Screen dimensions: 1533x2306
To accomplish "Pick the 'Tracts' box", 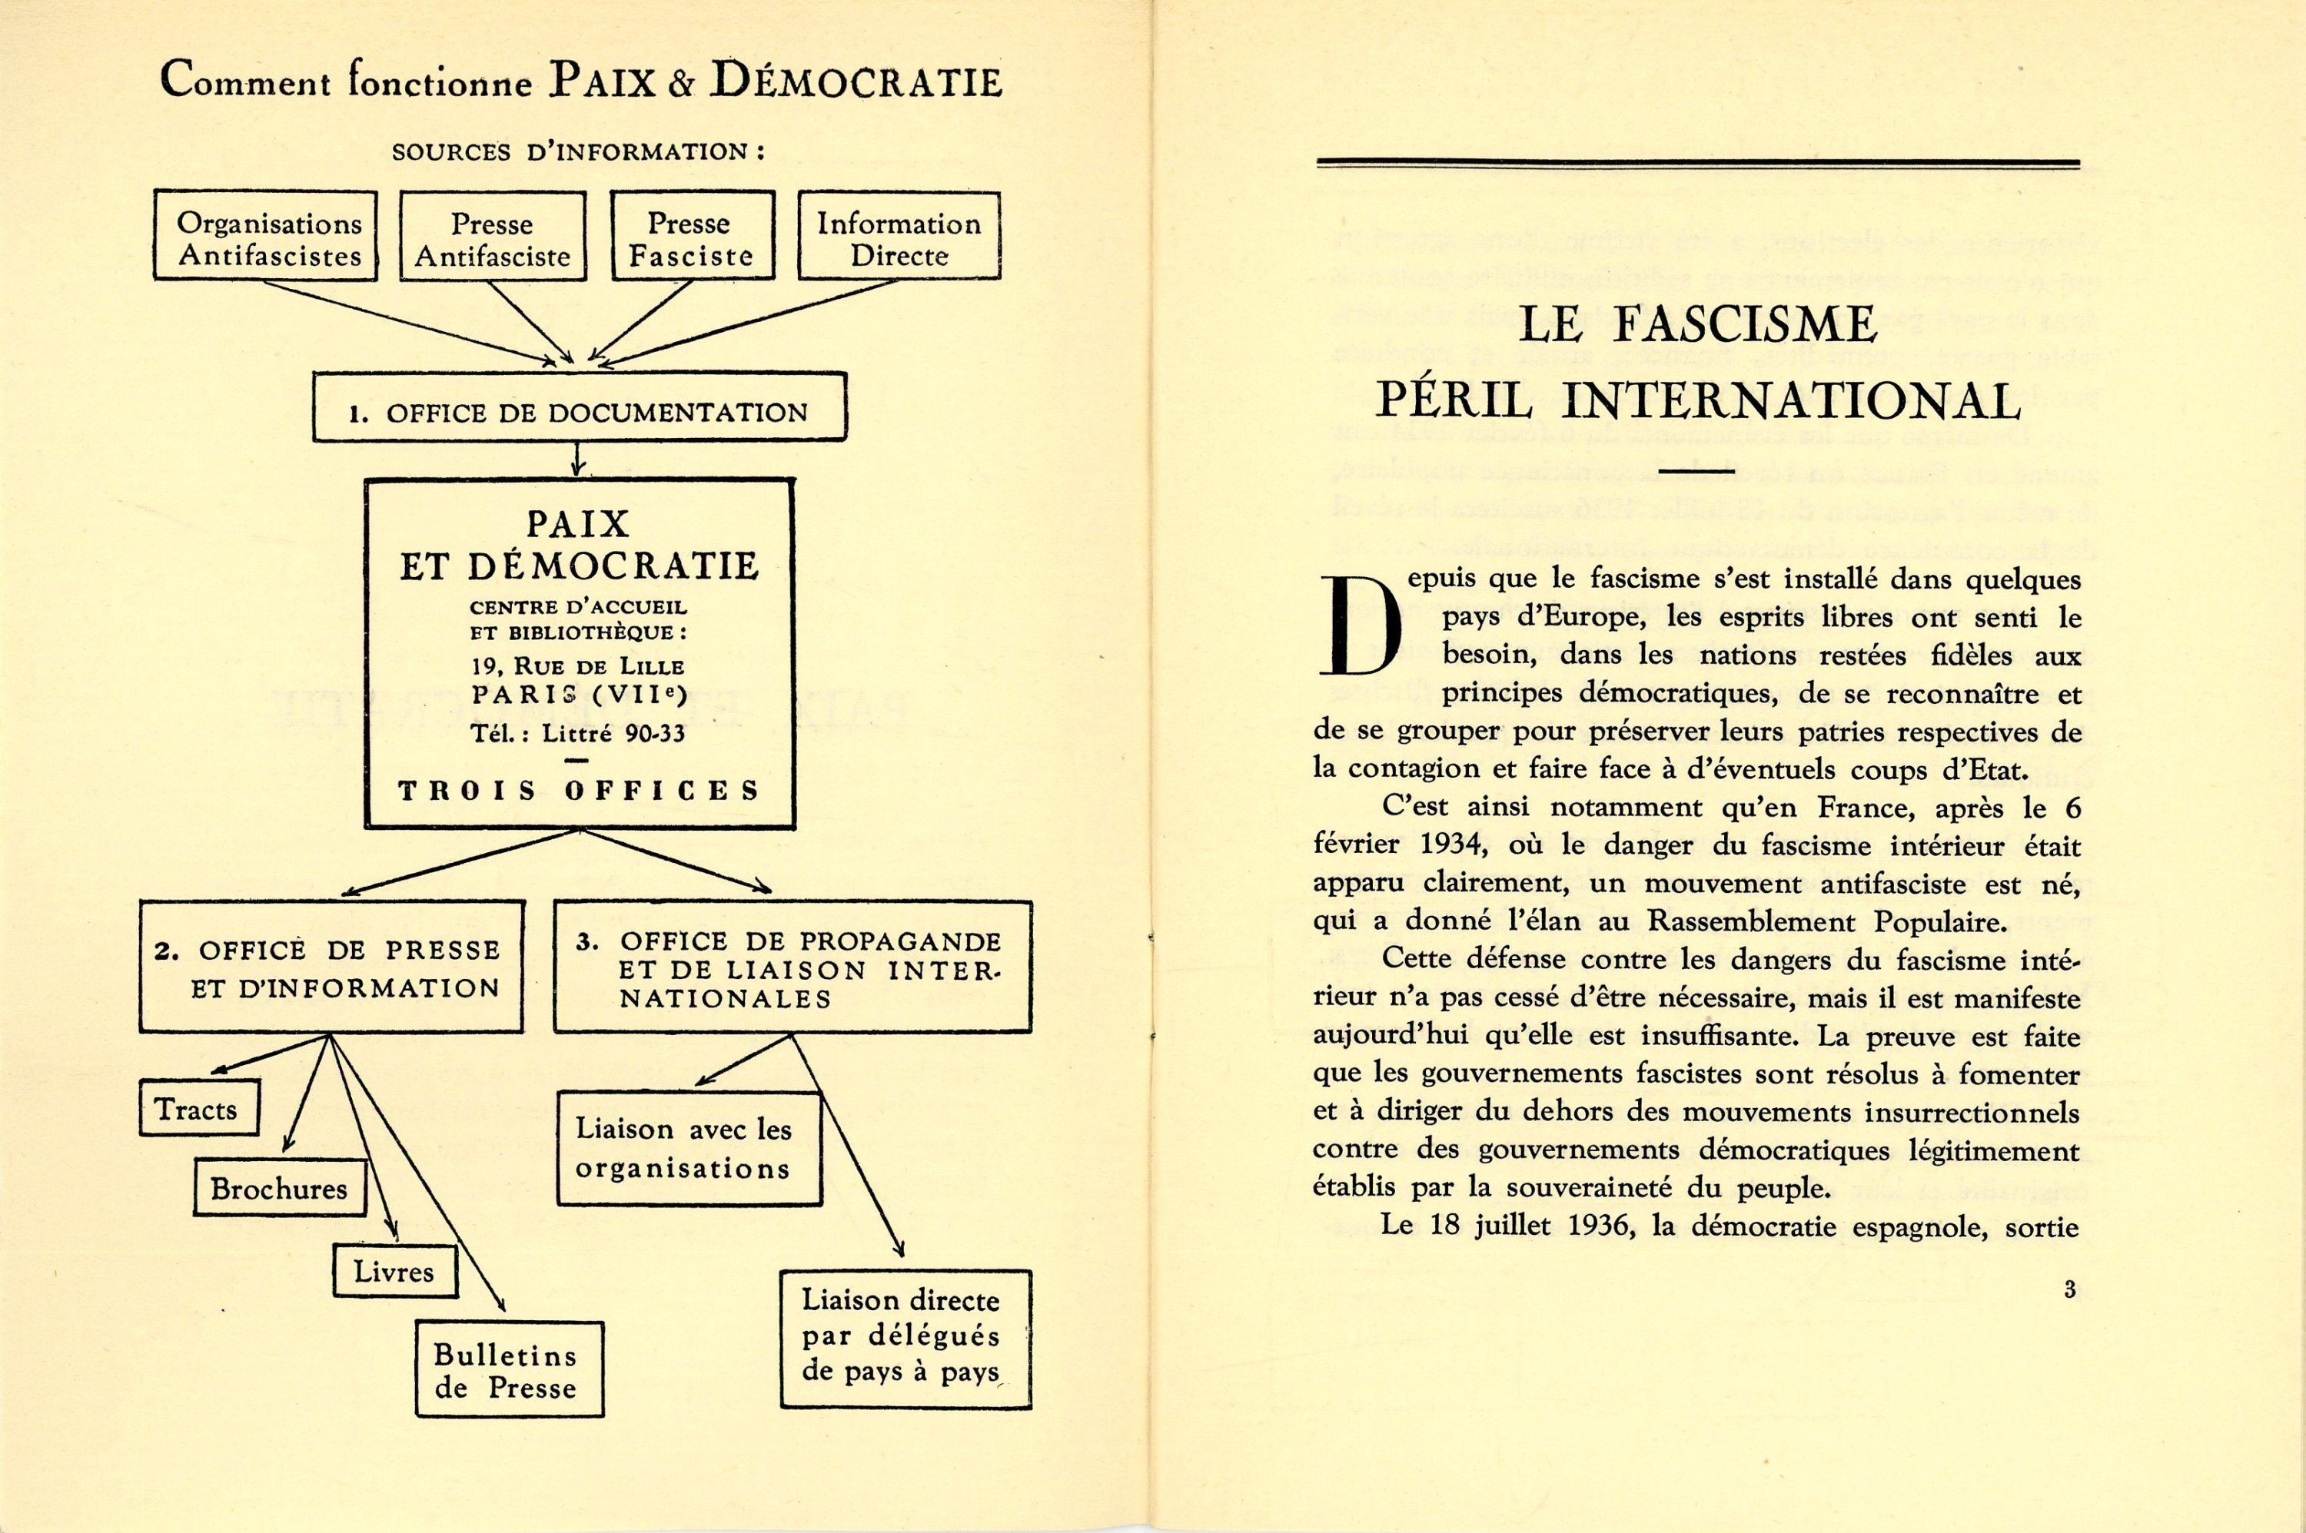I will click(198, 1109).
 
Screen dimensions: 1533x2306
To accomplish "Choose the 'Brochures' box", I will click(280, 1188).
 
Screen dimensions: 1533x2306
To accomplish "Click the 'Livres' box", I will click(394, 1271).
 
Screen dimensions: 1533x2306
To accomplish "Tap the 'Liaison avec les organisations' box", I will click(689, 1148).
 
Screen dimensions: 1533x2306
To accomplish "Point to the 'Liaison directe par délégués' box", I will click(905, 1339).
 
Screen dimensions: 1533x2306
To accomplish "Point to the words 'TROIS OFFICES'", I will click(579, 790).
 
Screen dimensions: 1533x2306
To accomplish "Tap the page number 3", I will click(2069, 1289).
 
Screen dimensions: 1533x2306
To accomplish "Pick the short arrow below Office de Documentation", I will click(578, 459).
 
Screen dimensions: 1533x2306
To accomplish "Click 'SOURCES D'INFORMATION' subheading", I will click(577, 151).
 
